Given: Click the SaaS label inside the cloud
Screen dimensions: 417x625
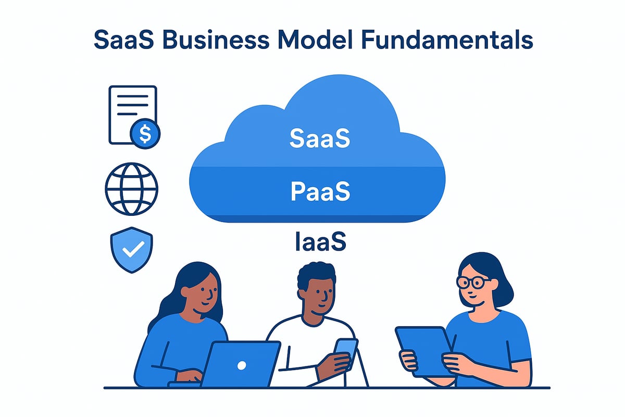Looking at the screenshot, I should pos(319,140).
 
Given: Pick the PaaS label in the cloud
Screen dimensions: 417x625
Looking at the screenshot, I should pos(319,191).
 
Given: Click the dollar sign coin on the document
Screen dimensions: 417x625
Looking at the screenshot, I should pos(145,134).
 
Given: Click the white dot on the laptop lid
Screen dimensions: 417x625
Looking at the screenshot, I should pos(242,366).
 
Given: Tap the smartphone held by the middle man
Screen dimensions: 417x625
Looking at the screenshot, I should pos(345,349).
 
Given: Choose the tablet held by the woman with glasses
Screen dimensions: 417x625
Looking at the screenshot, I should pos(423,350).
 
